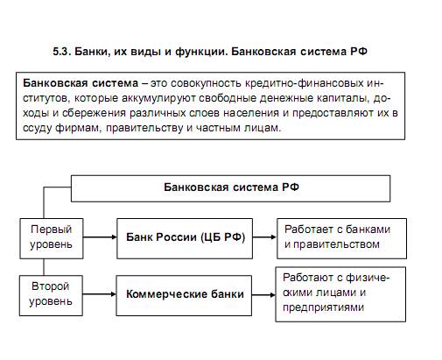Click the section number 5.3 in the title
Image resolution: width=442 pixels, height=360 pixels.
coord(62,52)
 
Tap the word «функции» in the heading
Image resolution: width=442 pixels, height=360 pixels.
coord(200,52)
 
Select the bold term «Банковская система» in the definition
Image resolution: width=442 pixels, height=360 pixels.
coord(81,83)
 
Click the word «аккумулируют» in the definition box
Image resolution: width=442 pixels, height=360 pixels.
coord(158,98)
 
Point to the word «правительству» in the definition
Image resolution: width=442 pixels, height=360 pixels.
coord(144,128)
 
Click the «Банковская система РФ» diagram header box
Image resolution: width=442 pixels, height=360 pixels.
coord(230,188)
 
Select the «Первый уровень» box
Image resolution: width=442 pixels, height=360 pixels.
coord(52,238)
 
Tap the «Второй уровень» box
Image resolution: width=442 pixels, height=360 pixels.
coord(51,295)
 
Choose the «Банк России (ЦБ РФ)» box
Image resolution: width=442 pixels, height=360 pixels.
coord(185,238)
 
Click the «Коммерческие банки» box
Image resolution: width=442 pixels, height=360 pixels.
coord(184,295)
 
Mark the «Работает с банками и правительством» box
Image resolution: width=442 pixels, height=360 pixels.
coord(341,238)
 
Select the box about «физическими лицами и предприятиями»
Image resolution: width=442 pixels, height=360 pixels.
coord(340,294)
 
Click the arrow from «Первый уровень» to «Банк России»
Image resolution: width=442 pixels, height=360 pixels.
coord(100,237)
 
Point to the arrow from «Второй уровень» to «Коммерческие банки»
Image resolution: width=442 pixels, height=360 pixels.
coord(100,294)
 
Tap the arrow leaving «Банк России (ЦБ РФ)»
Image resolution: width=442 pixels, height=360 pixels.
coord(264,237)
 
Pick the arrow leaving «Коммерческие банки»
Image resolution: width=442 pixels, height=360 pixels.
coord(263,295)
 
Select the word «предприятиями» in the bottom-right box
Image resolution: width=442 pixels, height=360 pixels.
coord(323,307)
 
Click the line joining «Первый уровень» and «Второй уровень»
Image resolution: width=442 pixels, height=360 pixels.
coord(44,267)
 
